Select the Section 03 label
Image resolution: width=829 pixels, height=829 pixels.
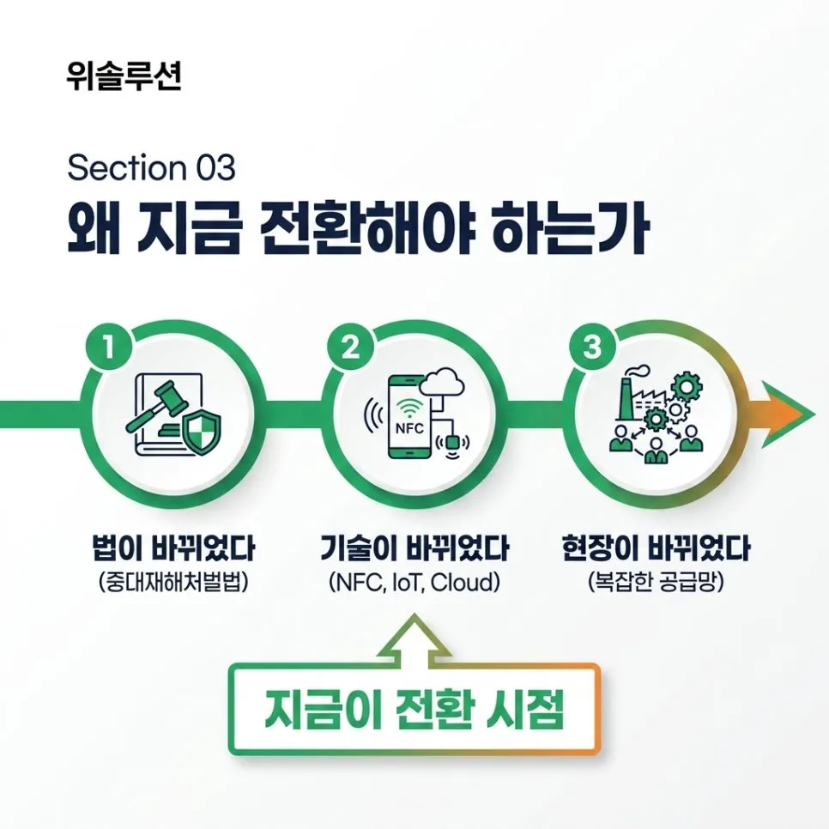(151, 167)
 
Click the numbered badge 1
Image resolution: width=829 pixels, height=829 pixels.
(108, 348)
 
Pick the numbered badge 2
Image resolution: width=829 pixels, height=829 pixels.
(350, 348)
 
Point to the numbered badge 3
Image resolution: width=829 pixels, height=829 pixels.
(592, 348)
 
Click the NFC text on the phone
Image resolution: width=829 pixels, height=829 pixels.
(409, 428)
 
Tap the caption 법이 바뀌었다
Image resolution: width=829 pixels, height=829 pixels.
(173, 548)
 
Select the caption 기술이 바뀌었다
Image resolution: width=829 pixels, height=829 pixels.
(415, 548)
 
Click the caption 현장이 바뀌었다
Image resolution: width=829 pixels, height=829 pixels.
(656, 548)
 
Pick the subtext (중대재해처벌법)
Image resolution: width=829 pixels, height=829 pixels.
(173, 583)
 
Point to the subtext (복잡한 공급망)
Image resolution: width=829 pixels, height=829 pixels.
(656, 583)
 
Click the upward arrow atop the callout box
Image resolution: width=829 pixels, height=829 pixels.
(415, 638)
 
